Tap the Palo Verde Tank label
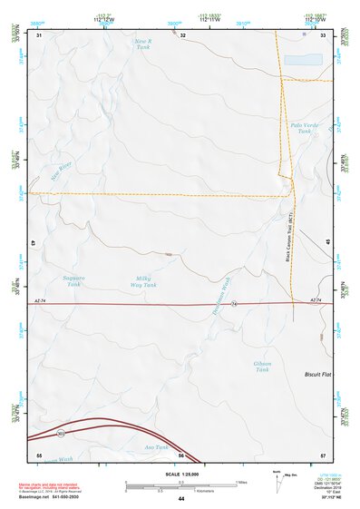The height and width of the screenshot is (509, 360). [300, 128]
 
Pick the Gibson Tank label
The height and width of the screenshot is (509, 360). [262, 367]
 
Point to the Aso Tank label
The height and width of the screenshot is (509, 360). [156, 447]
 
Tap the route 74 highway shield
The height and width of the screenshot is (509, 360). [233, 303]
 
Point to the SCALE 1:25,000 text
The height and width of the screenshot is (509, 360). [180, 473]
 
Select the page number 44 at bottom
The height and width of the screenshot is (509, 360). [180, 499]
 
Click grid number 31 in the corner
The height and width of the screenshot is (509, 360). [39, 35]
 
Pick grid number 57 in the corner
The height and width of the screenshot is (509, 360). [323, 453]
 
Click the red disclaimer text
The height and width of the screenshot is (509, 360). [51, 487]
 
